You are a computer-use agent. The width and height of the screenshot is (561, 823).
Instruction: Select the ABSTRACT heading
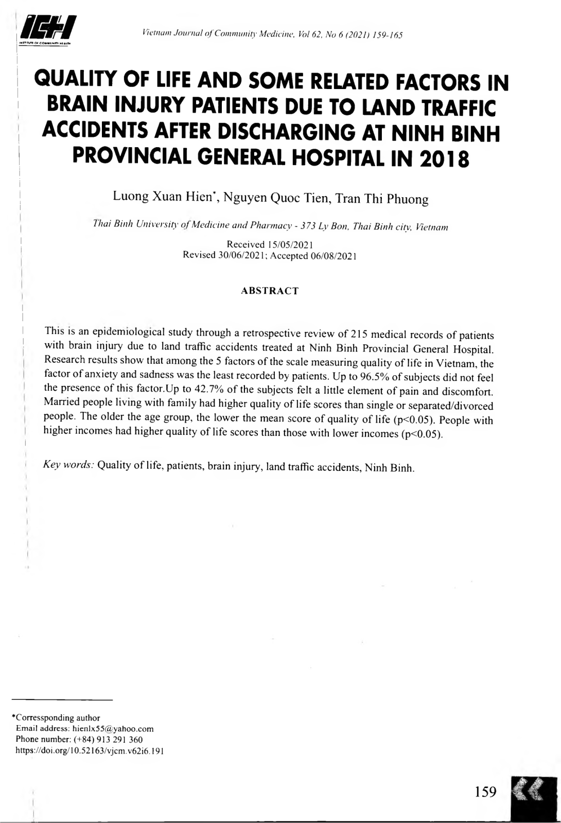click(270, 291)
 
